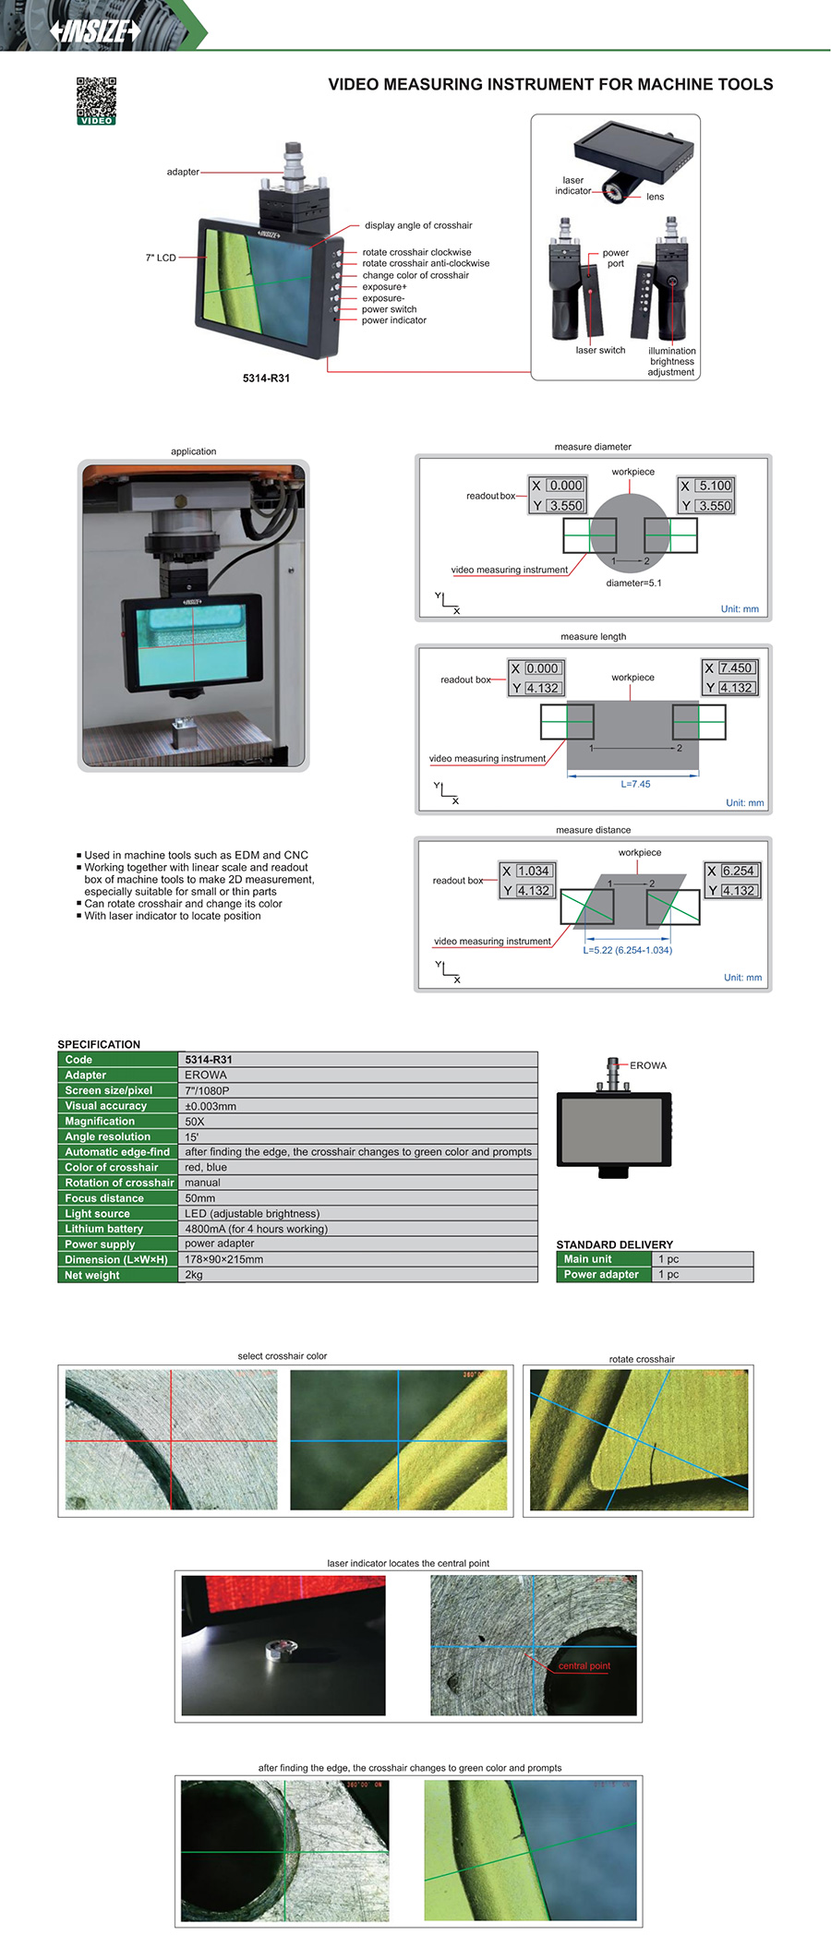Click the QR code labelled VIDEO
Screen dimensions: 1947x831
[96, 101]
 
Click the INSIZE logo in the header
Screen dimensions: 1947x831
[96, 31]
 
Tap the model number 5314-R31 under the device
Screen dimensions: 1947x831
[266, 379]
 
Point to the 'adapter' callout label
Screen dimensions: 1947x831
[183, 172]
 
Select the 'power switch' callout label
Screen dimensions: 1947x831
[389, 309]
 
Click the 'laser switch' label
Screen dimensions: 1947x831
[600, 351]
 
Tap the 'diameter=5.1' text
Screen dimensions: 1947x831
[633, 583]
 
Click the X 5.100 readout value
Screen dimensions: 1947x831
[715, 486]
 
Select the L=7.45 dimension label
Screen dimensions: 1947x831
[635, 784]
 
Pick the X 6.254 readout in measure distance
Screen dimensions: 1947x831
[738, 871]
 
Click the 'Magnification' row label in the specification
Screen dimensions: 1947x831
[100, 1121]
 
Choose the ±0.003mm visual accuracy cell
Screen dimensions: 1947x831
[211, 1106]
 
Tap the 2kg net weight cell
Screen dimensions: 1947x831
[194, 1275]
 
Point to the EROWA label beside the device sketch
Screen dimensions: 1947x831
[648, 1065]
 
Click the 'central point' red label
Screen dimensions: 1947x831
[584, 1666]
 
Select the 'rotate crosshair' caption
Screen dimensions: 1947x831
[642, 1359]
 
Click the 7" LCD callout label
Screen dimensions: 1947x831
[161, 258]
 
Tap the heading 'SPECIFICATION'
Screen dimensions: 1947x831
[99, 1044]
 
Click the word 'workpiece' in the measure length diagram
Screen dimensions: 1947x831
[632, 678]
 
